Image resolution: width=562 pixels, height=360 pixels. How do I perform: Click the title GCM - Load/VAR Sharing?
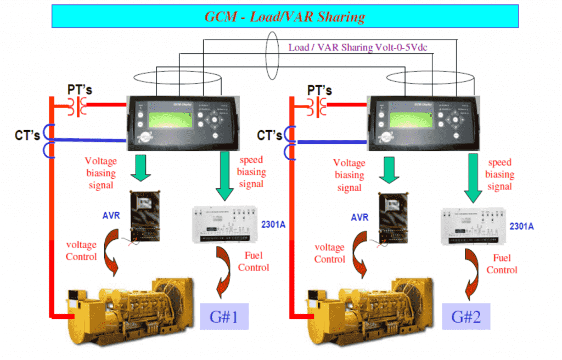(x=285, y=16)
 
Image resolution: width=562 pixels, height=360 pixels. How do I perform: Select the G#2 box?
(x=465, y=316)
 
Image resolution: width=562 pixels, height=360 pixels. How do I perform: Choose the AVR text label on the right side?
(x=361, y=218)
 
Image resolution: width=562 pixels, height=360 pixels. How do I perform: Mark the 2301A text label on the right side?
(x=521, y=226)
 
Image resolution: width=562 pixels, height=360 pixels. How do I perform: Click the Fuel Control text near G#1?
(x=254, y=261)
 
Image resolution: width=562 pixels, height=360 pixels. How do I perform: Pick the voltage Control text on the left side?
(x=81, y=250)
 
